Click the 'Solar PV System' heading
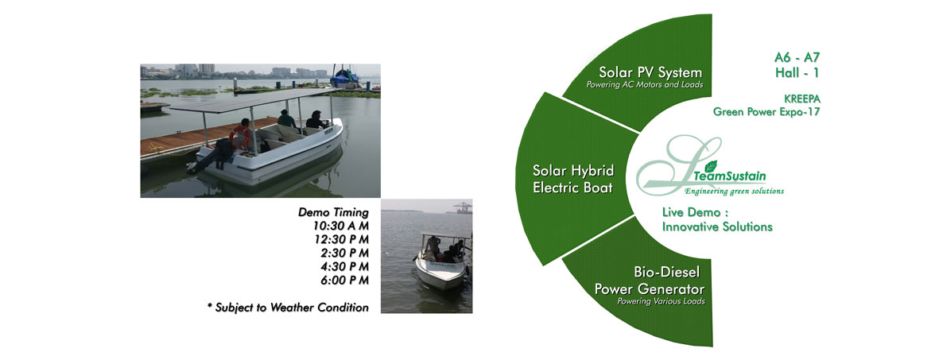click(x=650, y=73)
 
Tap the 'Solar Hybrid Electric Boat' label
click(x=573, y=179)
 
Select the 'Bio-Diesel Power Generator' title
click(x=649, y=281)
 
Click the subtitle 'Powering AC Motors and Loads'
click(x=644, y=85)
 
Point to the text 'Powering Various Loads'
click(x=661, y=301)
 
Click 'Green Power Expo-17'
click(x=766, y=111)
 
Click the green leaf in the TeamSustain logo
click(x=711, y=166)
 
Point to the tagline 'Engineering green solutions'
click(x=734, y=191)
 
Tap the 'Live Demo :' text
click(x=690, y=213)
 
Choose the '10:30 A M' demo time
click(x=341, y=226)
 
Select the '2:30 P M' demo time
click(x=343, y=253)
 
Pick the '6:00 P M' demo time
click(x=343, y=280)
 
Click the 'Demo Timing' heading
click(x=334, y=212)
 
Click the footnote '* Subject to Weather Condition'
click(x=288, y=308)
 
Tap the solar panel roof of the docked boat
click(x=251, y=101)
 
